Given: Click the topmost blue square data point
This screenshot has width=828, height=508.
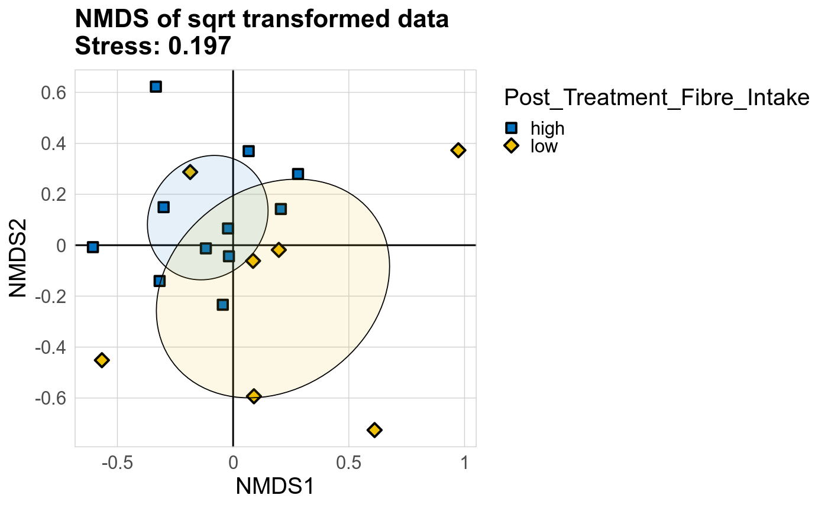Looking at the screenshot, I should click(156, 87).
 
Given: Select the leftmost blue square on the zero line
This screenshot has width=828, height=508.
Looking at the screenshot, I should click(93, 247).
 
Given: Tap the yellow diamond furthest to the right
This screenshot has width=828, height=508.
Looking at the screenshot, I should click(458, 150).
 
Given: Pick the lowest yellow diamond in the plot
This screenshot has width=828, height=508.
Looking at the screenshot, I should click(374, 429).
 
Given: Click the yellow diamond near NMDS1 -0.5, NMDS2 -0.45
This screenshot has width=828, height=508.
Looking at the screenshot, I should click(102, 360).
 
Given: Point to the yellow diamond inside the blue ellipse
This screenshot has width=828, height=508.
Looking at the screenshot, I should click(190, 172).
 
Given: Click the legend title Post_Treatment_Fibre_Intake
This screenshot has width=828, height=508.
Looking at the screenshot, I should click(656, 98).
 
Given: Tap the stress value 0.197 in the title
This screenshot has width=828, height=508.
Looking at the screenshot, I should click(199, 47).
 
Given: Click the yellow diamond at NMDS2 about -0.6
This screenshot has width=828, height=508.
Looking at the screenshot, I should click(254, 396).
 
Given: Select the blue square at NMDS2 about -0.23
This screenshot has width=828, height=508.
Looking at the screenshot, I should click(222, 305).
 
